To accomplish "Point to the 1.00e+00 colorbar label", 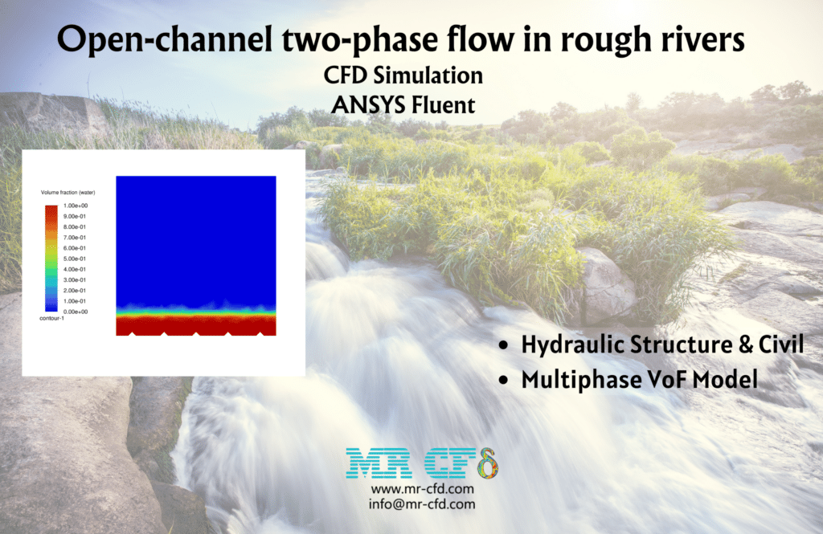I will (x=76, y=206).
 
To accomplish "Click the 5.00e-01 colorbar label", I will (x=76, y=259).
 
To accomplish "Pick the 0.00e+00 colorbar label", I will (x=76, y=311).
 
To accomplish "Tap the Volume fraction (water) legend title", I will (x=68, y=193).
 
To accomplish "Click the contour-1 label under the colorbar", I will (x=51, y=319).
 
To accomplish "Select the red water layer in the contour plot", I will (x=196, y=323).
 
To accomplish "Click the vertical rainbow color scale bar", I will (x=51, y=258).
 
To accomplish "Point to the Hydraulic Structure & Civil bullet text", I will (x=661, y=345).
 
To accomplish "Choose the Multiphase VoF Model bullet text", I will (x=639, y=379).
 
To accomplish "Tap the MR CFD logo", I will (x=421, y=464).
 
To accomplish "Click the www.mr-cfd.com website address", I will (x=422, y=489).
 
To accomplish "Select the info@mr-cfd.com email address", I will (x=422, y=504).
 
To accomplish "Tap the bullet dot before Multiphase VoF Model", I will (x=503, y=381).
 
